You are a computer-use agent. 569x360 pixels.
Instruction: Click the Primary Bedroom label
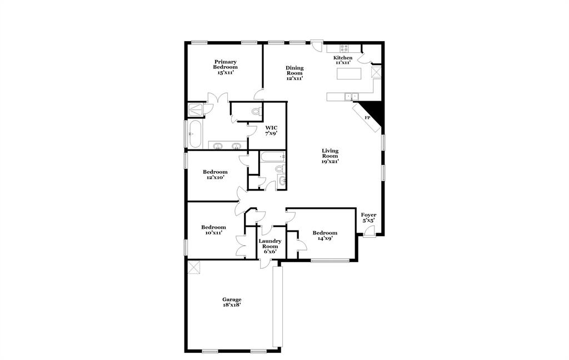pos(226,67)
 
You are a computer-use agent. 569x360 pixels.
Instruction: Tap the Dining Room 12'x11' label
pos(295,73)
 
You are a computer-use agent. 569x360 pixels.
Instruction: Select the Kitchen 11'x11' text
pos(343,60)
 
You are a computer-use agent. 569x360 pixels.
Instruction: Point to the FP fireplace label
pos(367,118)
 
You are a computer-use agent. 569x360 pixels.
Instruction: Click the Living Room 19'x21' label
pos(330,156)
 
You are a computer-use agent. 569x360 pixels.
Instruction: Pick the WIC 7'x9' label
pos(271,131)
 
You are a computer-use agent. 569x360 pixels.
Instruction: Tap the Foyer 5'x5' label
pos(368,217)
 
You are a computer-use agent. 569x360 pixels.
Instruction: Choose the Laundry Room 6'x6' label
pos(270,246)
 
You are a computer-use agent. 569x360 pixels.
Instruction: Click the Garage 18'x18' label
pos(232,302)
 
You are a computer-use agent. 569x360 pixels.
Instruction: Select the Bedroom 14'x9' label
pos(325,236)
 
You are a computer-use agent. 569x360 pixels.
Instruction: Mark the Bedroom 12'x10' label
pos(214,175)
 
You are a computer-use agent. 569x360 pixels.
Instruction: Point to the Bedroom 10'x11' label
pos(213,230)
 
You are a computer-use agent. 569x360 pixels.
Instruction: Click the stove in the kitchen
pos(345,48)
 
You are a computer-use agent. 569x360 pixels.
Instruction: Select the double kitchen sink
pos(351,97)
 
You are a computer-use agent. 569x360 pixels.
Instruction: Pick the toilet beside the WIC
pos(256,112)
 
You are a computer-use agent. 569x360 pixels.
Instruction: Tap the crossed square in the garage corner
pos(194,267)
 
